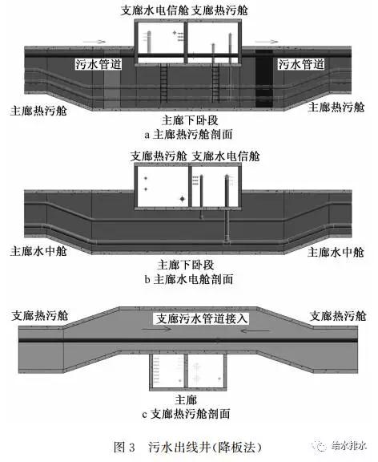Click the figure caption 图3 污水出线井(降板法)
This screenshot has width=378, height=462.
[x=187, y=447]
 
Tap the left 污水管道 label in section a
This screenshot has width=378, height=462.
[x=98, y=64]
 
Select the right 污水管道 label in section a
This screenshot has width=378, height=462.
[x=301, y=64]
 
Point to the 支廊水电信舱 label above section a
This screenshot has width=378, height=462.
[x=155, y=10]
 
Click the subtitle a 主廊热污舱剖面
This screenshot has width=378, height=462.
[x=188, y=135]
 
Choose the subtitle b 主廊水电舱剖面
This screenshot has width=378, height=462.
[x=189, y=279]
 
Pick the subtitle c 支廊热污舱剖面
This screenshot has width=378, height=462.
[x=186, y=414]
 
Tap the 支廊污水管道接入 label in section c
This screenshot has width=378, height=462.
[x=201, y=318]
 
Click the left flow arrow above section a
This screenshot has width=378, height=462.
[x=94, y=42]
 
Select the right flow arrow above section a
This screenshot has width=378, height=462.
[x=266, y=42]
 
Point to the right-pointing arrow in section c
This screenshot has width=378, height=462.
[x=156, y=330]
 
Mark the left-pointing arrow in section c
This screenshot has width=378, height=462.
[x=255, y=330]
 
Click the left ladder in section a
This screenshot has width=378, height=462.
[x=164, y=83]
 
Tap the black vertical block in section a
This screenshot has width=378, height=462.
[x=263, y=78]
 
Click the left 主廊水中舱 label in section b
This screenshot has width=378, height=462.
[x=38, y=251]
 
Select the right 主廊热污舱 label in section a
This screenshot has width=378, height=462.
[x=336, y=107]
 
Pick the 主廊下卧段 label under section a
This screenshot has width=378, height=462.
[x=190, y=120]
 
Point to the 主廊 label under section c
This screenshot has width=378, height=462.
[x=187, y=399]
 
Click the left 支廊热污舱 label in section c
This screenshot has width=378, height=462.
[x=40, y=315]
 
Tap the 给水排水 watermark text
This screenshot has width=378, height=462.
[x=349, y=446]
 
